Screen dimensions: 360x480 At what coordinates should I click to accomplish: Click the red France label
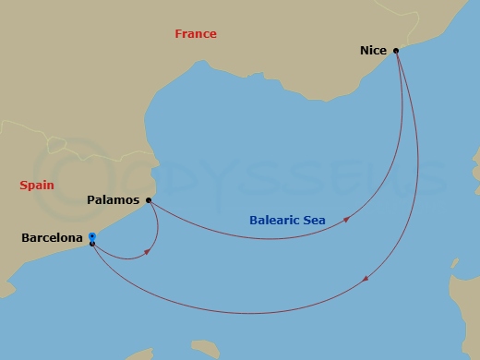coord(196,34)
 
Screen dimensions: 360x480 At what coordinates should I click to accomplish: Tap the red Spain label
coord(36,186)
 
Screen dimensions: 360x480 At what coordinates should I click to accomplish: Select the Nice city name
coord(372,52)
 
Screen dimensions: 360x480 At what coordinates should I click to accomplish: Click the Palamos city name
coord(114,199)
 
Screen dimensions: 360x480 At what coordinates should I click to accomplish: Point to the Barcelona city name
coord(53,239)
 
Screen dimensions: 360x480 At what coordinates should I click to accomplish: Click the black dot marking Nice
coord(395,50)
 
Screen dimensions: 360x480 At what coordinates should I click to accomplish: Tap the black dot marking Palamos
coord(149,199)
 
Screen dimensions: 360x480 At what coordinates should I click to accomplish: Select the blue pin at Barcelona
coord(92,237)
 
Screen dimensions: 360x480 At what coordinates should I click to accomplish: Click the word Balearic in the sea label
coord(274,221)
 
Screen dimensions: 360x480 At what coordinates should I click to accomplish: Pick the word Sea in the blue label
coord(314,221)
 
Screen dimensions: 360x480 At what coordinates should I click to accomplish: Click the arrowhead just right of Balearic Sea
coord(346,220)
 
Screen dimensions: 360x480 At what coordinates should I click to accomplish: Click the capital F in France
coord(179,34)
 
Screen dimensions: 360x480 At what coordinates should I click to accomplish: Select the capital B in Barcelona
coord(25,239)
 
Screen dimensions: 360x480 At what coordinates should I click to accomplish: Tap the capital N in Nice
coord(364,52)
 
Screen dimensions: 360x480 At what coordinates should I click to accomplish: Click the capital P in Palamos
coord(92,199)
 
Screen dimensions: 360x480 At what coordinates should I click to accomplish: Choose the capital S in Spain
coord(23,186)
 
